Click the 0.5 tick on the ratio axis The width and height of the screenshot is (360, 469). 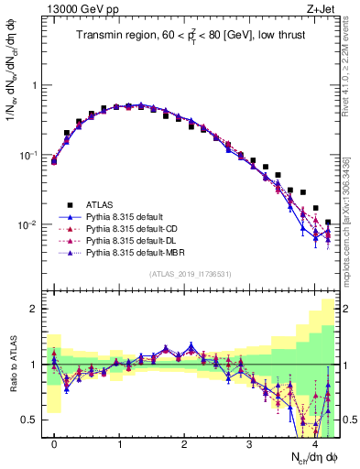[33, 420]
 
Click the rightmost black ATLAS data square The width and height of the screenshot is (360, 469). [328, 222]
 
